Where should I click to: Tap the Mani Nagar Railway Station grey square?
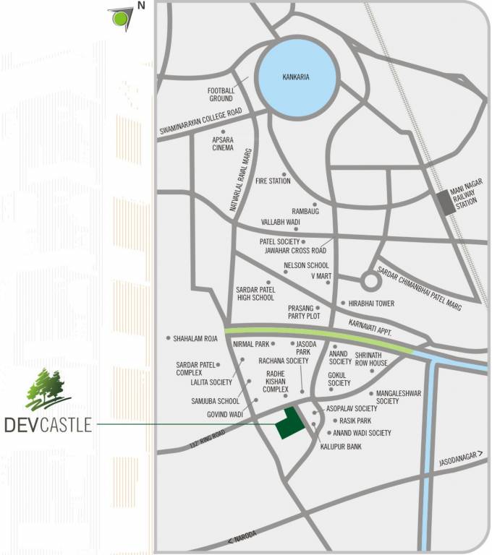point(446,202)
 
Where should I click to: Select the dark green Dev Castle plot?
point(289,423)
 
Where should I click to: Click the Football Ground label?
point(220,94)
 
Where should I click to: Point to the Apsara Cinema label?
point(223,144)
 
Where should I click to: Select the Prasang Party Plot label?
point(302,311)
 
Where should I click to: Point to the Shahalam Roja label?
point(195,337)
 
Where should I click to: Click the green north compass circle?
point(117,17)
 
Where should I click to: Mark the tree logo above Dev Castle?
point(47,390)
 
